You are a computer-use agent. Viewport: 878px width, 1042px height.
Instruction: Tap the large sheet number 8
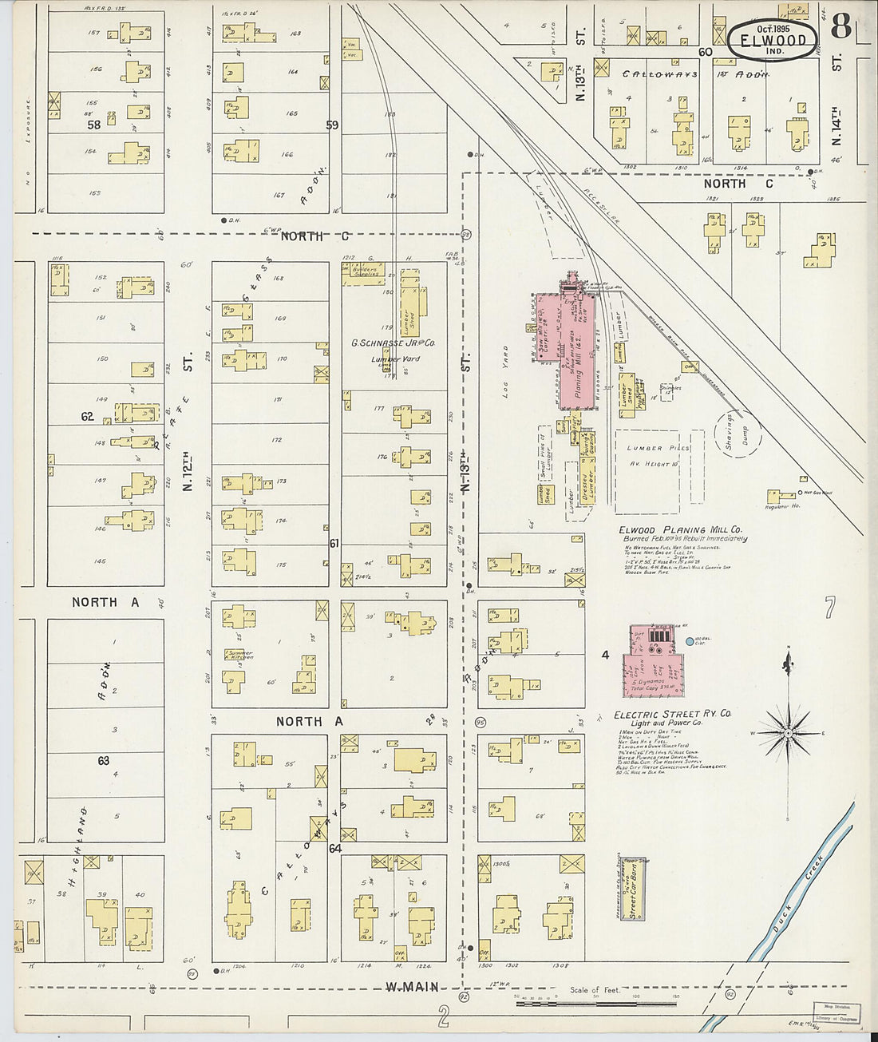point(840,26)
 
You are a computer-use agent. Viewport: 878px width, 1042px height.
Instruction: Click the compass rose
point(788,731)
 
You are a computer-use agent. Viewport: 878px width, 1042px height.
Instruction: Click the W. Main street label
point(412,987)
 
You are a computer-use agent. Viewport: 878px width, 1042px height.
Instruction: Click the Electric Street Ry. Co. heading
point(672,714)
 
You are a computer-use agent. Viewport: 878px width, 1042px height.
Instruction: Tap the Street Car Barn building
point(631,889)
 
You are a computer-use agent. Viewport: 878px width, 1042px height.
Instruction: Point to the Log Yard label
point(504,371)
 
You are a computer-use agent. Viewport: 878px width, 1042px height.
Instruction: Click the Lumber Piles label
point(658,449)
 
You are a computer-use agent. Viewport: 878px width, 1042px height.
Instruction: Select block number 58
point(94,125)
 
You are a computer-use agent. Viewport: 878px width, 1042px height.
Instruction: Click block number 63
point(103,760)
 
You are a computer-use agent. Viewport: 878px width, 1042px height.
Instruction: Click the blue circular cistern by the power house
point(690,641)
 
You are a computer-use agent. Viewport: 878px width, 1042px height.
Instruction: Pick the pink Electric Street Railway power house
point(653,661)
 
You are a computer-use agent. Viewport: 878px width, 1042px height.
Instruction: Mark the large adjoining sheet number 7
point(829,608)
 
